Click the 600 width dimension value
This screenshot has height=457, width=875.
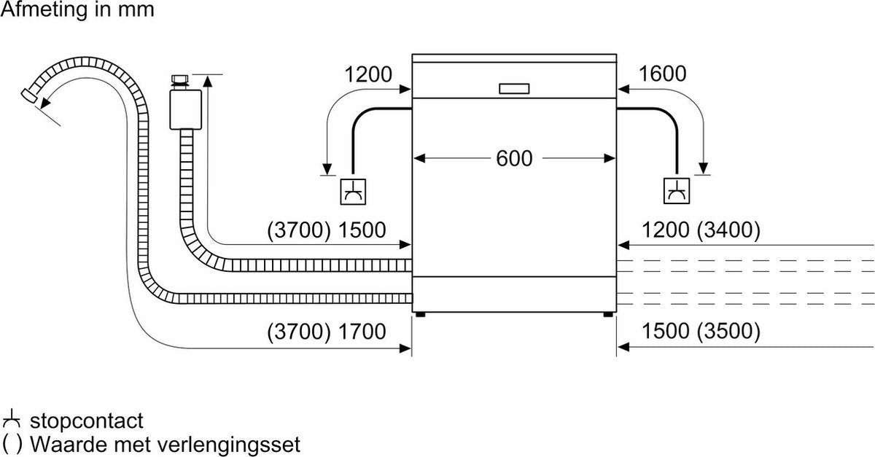pos(514,158)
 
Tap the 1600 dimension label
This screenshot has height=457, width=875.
pos(663,74)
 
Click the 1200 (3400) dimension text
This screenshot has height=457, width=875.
pos(701,230)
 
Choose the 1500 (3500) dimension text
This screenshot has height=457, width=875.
pos(701,332)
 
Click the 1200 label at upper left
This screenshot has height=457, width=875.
pos(367,74)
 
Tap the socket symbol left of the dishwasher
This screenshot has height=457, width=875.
pos(354,191)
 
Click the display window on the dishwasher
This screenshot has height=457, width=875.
pos(515,88)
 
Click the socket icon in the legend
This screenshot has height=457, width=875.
pos(12,421)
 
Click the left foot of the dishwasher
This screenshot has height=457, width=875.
pos(420,315)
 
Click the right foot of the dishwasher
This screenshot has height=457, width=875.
pos(607,315)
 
